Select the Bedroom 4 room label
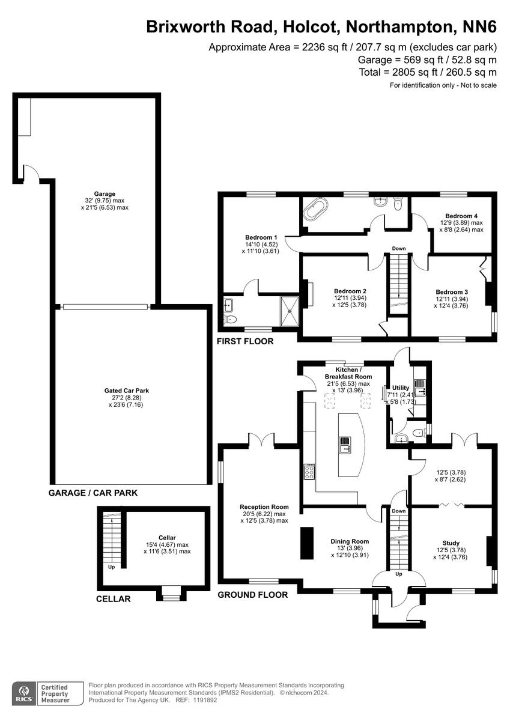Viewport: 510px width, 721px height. [461, 216]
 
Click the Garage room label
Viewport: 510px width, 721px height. [105, 194]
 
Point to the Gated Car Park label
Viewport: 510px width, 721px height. [126, 391]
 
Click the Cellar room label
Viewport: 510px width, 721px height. [167, 538]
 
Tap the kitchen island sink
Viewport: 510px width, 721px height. [347, 446]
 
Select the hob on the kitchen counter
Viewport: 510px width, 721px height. [309, 472]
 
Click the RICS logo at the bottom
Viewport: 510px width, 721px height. [25, 693]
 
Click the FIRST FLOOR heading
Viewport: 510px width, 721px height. [245, 341]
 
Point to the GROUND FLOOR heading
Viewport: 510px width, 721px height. [252, 595]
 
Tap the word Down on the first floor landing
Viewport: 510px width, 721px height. [399, 248]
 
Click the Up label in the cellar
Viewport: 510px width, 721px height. [111, 567]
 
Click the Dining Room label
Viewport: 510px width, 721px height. [350, 541]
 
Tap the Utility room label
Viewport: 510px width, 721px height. [400, 388]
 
